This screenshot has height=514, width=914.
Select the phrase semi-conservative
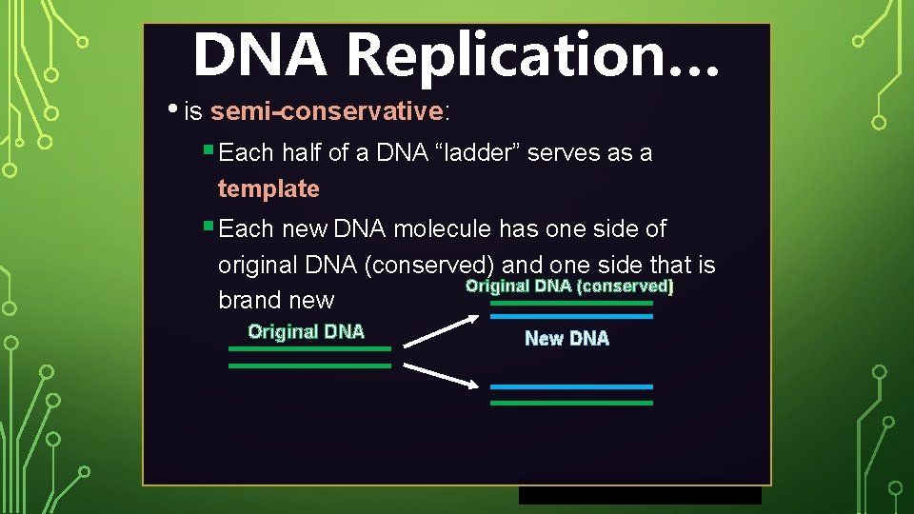click(x=327, y=111)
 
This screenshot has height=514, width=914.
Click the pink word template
click(x=268, y=188)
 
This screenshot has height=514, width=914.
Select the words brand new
click(x=276, y=300)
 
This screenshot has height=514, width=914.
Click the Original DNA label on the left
click(x=306, y=331)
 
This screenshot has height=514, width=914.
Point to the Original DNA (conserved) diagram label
click(x=568, y=287)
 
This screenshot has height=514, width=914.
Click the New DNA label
click(x=566, y=338)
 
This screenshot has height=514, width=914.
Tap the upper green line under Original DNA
click(x=309, y=348)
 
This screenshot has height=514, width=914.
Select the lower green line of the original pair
click(x=309, y=365)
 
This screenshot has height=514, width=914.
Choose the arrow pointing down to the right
click(x=441, y=374)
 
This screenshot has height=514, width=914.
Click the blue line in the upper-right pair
click(x=571, y=316)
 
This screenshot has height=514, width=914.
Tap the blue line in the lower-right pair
click(x=571, y=386)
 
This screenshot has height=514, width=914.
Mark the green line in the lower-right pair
click(x=571, y=403)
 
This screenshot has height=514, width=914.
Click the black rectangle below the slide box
click(x=640, y=495)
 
